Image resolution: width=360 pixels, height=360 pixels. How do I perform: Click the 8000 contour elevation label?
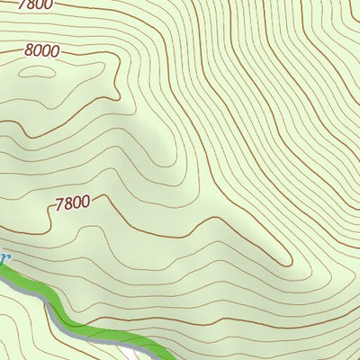[x=41, y=51]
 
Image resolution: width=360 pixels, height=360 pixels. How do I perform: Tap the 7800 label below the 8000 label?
[x=72, y=202]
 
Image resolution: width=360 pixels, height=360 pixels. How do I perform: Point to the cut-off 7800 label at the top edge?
[x=36, y=4]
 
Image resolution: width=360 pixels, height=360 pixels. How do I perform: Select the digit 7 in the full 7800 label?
[x=59, y=202]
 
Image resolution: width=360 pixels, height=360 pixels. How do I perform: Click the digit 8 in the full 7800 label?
[x=67, y=202]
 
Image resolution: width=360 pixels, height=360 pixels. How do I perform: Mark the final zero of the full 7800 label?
[x=85, y=202]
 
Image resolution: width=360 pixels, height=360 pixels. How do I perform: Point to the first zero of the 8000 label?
[x=38, y=51]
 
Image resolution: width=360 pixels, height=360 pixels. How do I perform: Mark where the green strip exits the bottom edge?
[x=166, y=357]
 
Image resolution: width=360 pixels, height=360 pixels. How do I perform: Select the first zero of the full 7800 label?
[x=76, y=202]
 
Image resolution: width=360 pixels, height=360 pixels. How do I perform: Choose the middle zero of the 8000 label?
[x=46, y=51]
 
